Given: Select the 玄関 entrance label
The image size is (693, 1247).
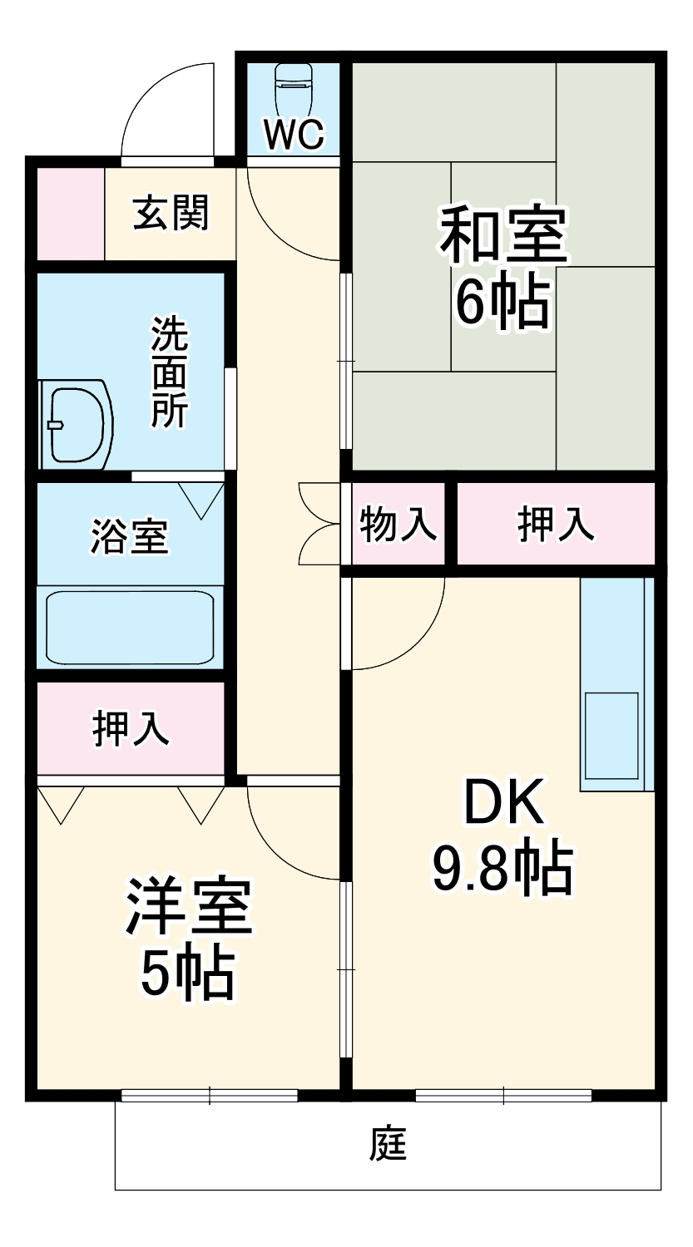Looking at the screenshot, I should coord(171,213).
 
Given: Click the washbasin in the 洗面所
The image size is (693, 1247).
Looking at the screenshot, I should coord(76,424).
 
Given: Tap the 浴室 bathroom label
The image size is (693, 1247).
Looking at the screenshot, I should coord(130,536).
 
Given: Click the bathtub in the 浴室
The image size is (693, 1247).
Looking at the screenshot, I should coord(130,627).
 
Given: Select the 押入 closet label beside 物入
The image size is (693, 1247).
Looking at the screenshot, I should coord(556,524).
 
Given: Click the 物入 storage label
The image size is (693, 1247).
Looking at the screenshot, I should coord(398,524).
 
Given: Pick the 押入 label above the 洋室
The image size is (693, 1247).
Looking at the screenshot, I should coord(131,727).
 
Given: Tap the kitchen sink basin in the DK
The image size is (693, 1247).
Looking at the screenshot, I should coord(611,733).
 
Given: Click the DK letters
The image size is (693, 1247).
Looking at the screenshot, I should coord(503,802).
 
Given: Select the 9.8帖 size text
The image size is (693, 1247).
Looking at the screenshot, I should coord(502,868).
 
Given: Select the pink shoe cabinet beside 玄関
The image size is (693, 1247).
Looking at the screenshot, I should coord(70,214).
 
